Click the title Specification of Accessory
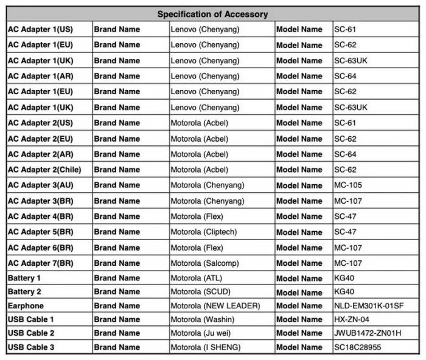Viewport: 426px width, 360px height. (213, 13)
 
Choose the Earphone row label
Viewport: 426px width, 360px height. (26, 305)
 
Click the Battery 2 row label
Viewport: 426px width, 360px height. (25, 290)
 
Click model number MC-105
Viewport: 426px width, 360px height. (349, 185)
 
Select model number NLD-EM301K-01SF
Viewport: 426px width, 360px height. (369, 305)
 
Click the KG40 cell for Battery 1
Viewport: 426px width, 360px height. (345, 278)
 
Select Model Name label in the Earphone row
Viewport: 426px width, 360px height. (299, 305)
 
